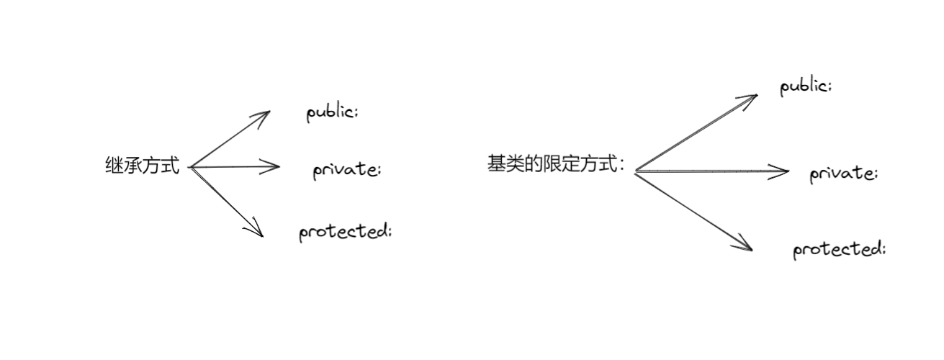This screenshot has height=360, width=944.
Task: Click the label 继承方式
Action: [142, 166]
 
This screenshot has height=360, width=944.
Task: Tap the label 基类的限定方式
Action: [554, 164]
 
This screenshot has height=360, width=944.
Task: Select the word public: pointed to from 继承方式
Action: [332, 113]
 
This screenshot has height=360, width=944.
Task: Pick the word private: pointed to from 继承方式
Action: [346, 171]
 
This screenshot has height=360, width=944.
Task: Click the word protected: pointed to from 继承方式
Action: [345, 232]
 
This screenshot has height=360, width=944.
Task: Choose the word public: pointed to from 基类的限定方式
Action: [805, 87]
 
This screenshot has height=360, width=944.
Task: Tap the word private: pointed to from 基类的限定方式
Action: [843, 175]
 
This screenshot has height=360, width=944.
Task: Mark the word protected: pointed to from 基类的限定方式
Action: [839, 250]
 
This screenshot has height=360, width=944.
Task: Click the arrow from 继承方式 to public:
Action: [229, 139]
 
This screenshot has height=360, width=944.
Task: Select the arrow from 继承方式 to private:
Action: [234, 167]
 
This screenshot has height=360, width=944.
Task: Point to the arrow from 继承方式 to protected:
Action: [227, 202]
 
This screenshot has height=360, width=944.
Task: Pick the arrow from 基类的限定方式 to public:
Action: [696, 132]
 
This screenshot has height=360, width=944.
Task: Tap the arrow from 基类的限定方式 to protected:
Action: [693, 210]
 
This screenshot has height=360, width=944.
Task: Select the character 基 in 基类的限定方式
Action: [496, 164]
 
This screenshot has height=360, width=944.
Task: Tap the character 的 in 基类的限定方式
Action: [534, 164]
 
